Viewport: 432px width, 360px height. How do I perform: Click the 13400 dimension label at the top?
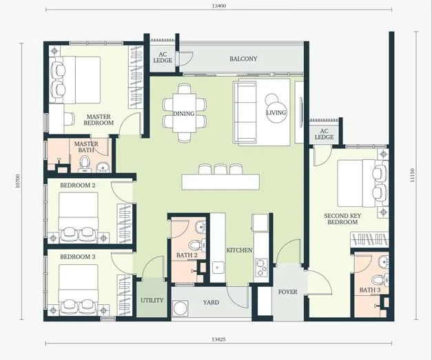tap(218, 6)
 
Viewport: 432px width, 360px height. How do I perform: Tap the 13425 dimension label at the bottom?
tap(218, 339)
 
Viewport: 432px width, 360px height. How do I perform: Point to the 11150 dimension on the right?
tap(412, 175)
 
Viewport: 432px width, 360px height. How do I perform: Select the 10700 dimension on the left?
tap(18, 181)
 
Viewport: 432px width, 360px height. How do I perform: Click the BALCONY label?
tap(243, 59)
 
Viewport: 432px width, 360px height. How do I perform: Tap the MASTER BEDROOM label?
tap(99, 120)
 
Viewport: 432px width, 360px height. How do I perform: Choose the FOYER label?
tap(287, 292)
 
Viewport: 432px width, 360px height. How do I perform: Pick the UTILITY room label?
tap(152, 300)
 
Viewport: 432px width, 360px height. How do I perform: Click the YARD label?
tap(212, 302)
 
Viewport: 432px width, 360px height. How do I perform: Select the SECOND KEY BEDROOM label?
tap(342, 219)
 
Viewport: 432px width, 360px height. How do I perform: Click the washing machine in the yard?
tap(181, 308)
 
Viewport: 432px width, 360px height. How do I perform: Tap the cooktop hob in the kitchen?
tap(261, 268)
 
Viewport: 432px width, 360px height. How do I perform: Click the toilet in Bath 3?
tap(380, 280)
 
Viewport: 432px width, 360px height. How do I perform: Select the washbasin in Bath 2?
tap(200, 228)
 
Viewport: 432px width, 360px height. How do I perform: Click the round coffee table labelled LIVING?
tap(276, 112)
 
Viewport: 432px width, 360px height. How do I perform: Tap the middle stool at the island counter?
tap(220, 169)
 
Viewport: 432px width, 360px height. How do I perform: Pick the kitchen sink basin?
tap(218, 268)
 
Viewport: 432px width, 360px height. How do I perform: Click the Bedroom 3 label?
tap(78, 257)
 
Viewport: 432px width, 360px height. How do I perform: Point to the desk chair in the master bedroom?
tap(69, 119)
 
